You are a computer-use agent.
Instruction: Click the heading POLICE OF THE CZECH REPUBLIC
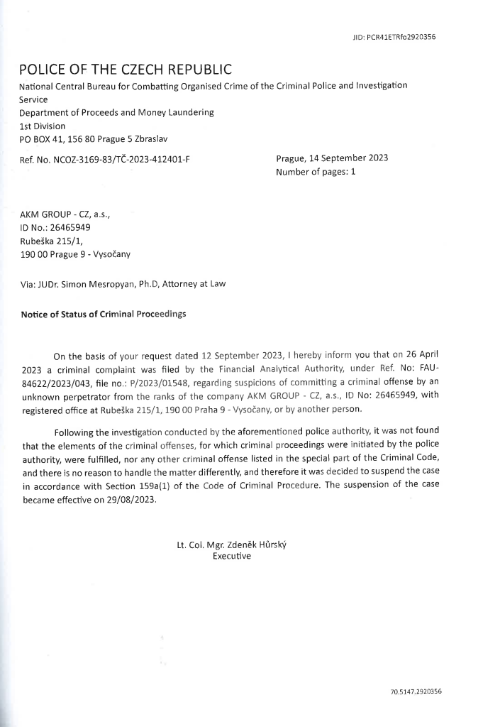click(x=126, y=70)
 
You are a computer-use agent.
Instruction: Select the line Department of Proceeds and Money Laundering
click(x=116, y=112)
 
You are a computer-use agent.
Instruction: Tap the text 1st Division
click(x=42, y=126)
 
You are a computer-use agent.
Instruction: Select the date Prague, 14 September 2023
click(x=332, y=158)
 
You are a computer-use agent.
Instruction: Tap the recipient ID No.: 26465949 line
click(x=55, y=228)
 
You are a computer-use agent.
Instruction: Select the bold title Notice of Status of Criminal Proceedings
click(x=104, y=315)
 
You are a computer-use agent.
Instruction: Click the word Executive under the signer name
click(x=232, y=557)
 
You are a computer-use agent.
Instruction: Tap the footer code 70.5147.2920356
click(x=416, y=691)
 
